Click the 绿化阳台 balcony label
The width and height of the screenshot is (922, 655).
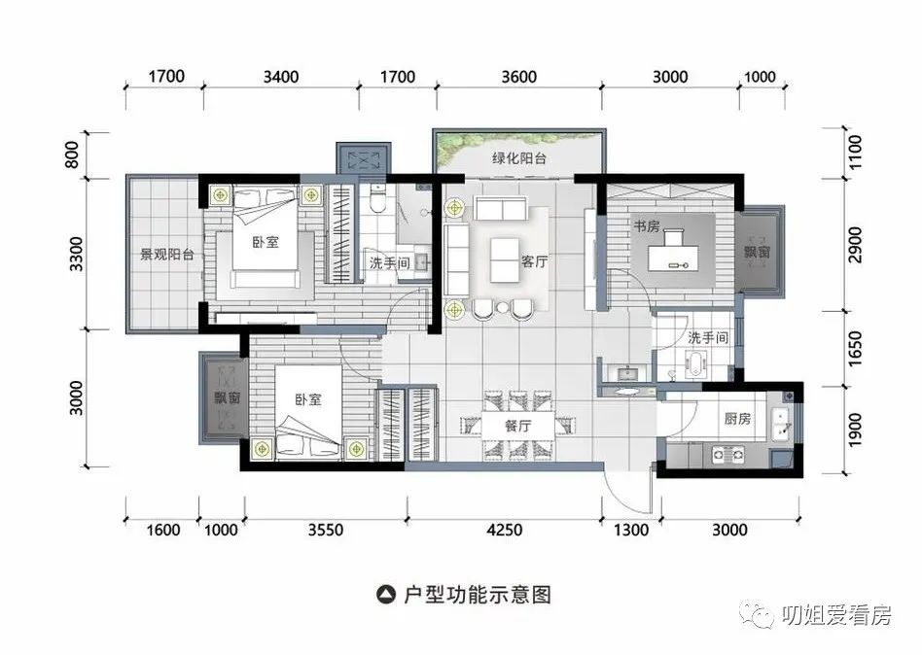(x=519, y=158)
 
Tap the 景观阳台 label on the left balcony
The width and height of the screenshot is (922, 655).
(x=167, y=255)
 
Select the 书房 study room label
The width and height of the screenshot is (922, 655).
(x=646, y=225)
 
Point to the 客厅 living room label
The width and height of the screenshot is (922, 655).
(x=534, y=261)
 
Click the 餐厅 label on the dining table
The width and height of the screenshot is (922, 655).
(x=518, y=426)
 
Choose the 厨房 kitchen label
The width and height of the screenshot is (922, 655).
(x=737, y=418)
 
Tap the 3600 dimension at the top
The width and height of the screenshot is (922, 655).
(x=518, y=77)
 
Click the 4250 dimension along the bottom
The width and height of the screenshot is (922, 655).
(x=505, y=530)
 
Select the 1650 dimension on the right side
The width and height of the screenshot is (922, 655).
(x=855, y=348)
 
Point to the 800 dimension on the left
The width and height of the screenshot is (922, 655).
(x=72, y=155)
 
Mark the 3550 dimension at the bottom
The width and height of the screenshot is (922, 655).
(x=326, y=530)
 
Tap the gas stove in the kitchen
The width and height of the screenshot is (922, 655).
(x=727, y=454)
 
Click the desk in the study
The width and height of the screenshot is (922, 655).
(x=673, y=258)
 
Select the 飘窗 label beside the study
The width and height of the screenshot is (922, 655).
(x=758, y=252)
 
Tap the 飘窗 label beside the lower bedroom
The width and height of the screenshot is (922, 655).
(x=227, y=397)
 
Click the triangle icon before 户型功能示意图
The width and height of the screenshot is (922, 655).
(x=386, y=595)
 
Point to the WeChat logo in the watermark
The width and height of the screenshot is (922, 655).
(x=758, y=614)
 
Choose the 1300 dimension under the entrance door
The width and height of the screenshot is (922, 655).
(x=631, y=530)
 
